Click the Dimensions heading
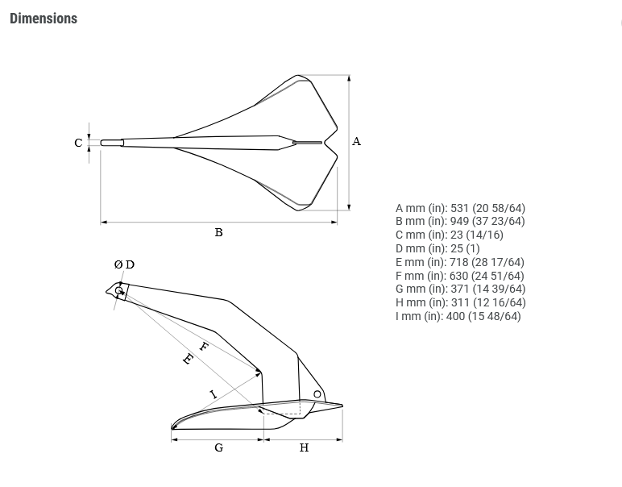point(44,19)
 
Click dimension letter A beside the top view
point(356,141)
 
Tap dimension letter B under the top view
point(218,232)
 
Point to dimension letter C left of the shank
point(78,143)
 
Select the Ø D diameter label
point(124,264)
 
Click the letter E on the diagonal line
point(188,359)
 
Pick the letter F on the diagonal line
point(203,347)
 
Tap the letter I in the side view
point(214,394)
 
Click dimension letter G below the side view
point(218,447)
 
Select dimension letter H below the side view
point(304,447)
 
